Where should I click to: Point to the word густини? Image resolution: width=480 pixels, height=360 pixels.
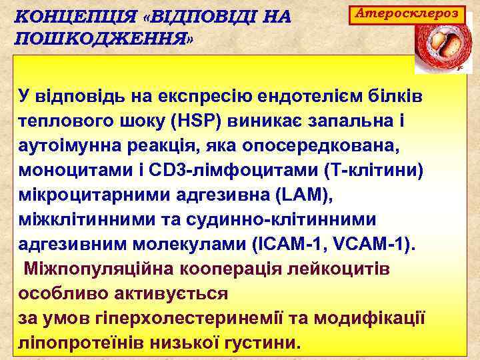(x=259, y=342)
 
